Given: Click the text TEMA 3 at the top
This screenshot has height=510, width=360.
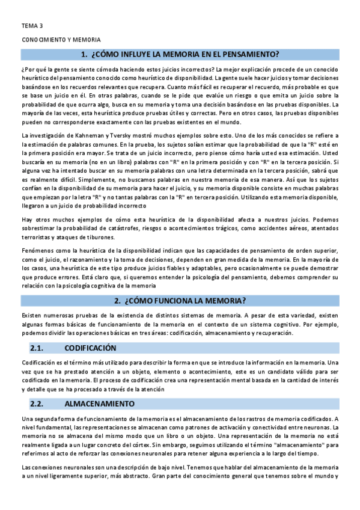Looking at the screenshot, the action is coord(32,26).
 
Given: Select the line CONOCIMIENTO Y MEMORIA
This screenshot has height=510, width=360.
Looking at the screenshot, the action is coord(61,39).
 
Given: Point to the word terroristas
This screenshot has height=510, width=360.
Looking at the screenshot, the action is coord(38,238).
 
